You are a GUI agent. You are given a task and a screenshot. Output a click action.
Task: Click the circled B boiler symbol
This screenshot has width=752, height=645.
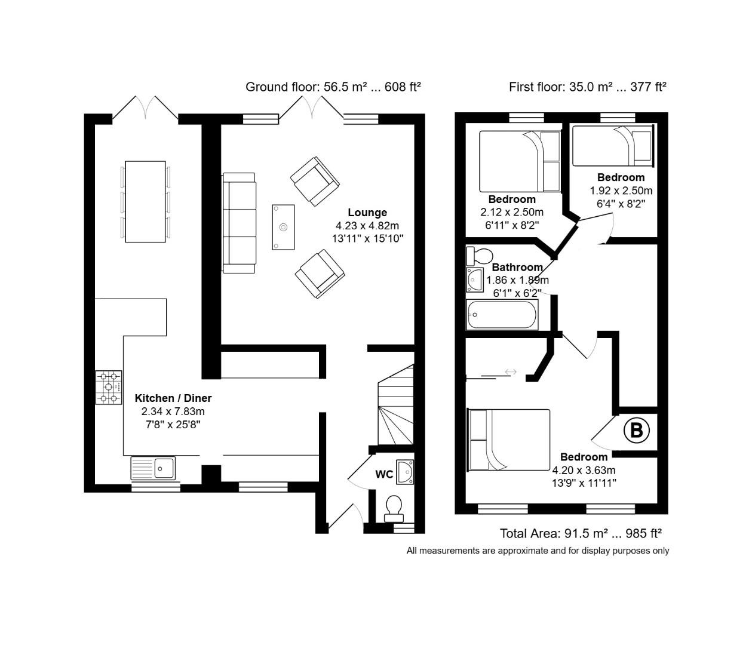click(x=636, y=430)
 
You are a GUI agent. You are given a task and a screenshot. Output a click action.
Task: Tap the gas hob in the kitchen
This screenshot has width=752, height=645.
click(x=108, y=388)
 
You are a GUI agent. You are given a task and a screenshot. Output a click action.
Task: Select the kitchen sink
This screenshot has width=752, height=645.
click(x=154, y=468)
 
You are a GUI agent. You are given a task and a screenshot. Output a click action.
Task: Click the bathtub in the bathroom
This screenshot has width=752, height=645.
click(x=502, y=315)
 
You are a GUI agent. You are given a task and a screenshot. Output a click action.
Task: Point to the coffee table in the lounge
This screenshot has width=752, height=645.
click(x=283, y=227)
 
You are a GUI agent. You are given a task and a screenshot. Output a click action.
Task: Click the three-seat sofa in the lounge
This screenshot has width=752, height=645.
click(x=240, y=223)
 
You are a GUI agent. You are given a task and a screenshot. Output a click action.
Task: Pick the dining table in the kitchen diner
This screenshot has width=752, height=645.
click(x=145, y=201)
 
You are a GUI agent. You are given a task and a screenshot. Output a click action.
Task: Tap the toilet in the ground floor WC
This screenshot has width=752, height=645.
click(x=394, y=506)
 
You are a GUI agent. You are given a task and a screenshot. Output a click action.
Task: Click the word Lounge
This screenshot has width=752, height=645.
click(x=367, y=213)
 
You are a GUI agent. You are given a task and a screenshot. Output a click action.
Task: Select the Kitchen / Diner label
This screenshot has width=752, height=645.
click(x=173, y=398)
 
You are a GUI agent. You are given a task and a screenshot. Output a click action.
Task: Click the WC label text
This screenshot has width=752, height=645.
click(x=384, y=475)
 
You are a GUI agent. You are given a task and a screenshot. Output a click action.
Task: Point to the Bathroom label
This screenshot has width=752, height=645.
click(x=517, y=268)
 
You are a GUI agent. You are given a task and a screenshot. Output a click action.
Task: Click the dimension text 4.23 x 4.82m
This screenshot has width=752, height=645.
click(x=367, y=226)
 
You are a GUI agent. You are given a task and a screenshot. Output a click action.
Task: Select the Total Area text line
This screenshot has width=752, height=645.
click(x=581, y=533)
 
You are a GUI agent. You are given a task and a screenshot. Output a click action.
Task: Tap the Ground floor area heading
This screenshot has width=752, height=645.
click(x=333, y=87)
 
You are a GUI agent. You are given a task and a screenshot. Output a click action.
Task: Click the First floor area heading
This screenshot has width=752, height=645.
click(x=587, y=87)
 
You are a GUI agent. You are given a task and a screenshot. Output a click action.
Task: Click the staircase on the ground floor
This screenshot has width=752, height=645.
click(x=395, y=406)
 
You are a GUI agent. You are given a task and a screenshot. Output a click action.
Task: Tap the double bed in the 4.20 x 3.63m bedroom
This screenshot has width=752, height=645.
click(x=509, y=440)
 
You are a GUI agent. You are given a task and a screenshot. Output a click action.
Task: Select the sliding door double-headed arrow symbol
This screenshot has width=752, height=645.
click(x=511, y=372)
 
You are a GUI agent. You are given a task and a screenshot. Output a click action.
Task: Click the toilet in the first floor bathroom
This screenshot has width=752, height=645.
click(x=478, y=256)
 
